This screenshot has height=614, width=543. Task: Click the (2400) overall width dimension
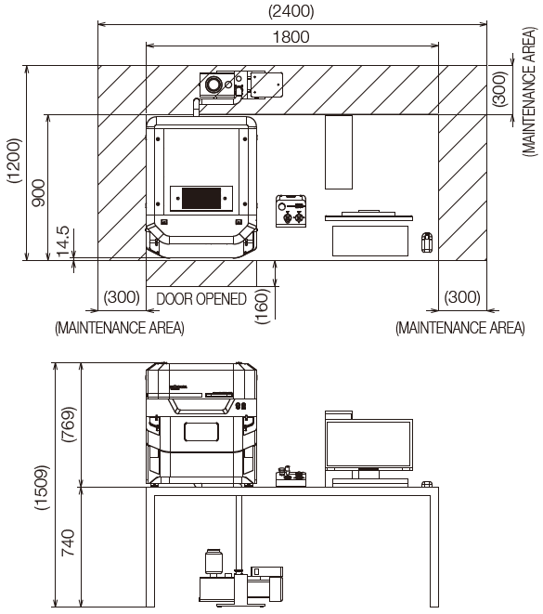(291, 11)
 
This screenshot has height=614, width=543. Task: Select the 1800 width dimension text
(291, 37)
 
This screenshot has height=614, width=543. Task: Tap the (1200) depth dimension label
(14, 161)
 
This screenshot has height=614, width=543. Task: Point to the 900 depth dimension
(38, 193)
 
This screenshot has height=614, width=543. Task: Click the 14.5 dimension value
(63, 242)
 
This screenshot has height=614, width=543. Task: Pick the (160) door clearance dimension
(262, 307)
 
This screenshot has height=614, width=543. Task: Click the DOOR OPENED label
(201, 299)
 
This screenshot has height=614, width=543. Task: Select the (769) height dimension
(69, 425)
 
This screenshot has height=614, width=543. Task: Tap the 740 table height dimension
(68, 542)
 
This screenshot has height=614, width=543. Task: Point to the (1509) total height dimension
(42, 488)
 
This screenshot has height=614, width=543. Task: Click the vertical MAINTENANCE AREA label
(529, 92)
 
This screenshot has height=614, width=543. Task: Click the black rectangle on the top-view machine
(201, 198)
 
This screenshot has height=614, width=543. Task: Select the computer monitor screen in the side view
(368, 444)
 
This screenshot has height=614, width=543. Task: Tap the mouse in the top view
(427, 242)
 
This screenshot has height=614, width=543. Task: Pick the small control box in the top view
(291, 211)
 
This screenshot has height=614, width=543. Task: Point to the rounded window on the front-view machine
(201, 432)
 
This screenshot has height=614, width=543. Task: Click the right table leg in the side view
(434, 547)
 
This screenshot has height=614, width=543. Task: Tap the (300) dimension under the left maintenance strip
(122, 297)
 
